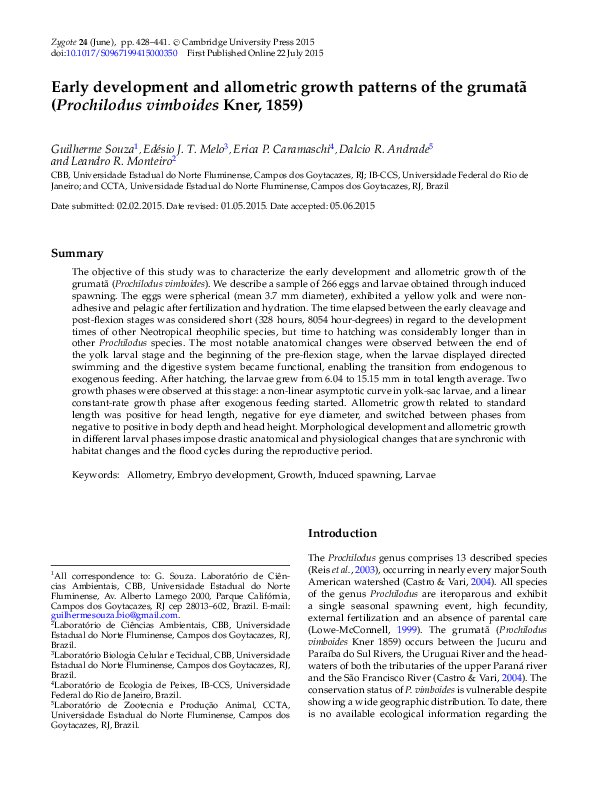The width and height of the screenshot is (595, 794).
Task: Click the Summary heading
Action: coord(77,254)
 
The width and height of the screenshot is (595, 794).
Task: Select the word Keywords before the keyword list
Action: coord(94,474)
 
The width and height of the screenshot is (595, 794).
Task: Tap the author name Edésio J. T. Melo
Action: coord(187,148)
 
